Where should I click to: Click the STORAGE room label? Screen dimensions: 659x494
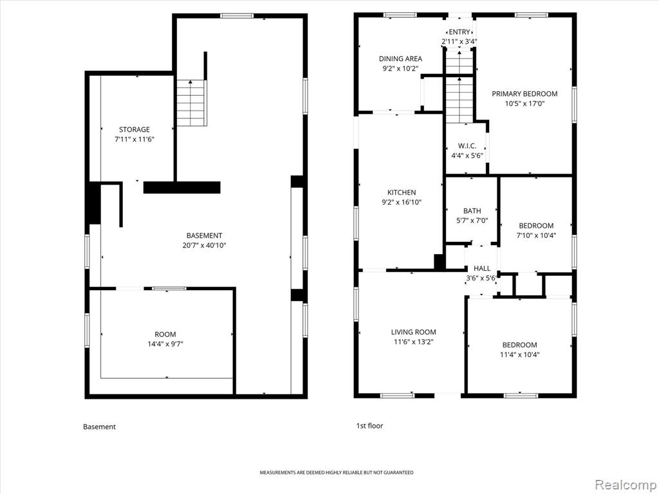click(x=134, y=129)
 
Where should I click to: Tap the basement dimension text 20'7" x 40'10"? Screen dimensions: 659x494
click(x=204, y=245)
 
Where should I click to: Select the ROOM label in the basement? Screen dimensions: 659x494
click(x=165, y=334)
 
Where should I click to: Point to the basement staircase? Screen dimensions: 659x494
click(x=192, y=103)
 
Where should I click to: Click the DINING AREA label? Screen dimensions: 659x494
click(x=400, y=59)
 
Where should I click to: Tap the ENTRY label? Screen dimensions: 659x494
click(x=459, y=32)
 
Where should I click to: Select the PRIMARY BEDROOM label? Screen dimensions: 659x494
click(x=524, y=94)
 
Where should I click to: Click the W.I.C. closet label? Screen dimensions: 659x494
click(x=467, y=146)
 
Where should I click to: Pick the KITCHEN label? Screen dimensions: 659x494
click(x=402, y=192)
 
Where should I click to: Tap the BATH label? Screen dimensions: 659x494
click(x=472, y=211)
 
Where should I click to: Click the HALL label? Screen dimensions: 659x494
click(x=481, y=268)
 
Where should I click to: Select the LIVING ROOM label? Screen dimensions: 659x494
click(x=414, y=332)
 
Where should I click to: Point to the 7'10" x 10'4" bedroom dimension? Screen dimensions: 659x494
click(x=536, y=235)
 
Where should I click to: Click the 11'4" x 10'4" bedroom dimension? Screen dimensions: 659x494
click(x=519, y=354)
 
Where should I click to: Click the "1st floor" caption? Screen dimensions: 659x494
click(x=370, y=426)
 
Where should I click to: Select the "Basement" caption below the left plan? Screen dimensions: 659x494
click(x=99, y=427)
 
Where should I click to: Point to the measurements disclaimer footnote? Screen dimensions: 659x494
click(x=336, y=473)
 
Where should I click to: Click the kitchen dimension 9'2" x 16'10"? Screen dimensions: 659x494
click(x=402, y=203)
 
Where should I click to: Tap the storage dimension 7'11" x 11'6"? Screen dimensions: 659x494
click(x=135, y=140)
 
